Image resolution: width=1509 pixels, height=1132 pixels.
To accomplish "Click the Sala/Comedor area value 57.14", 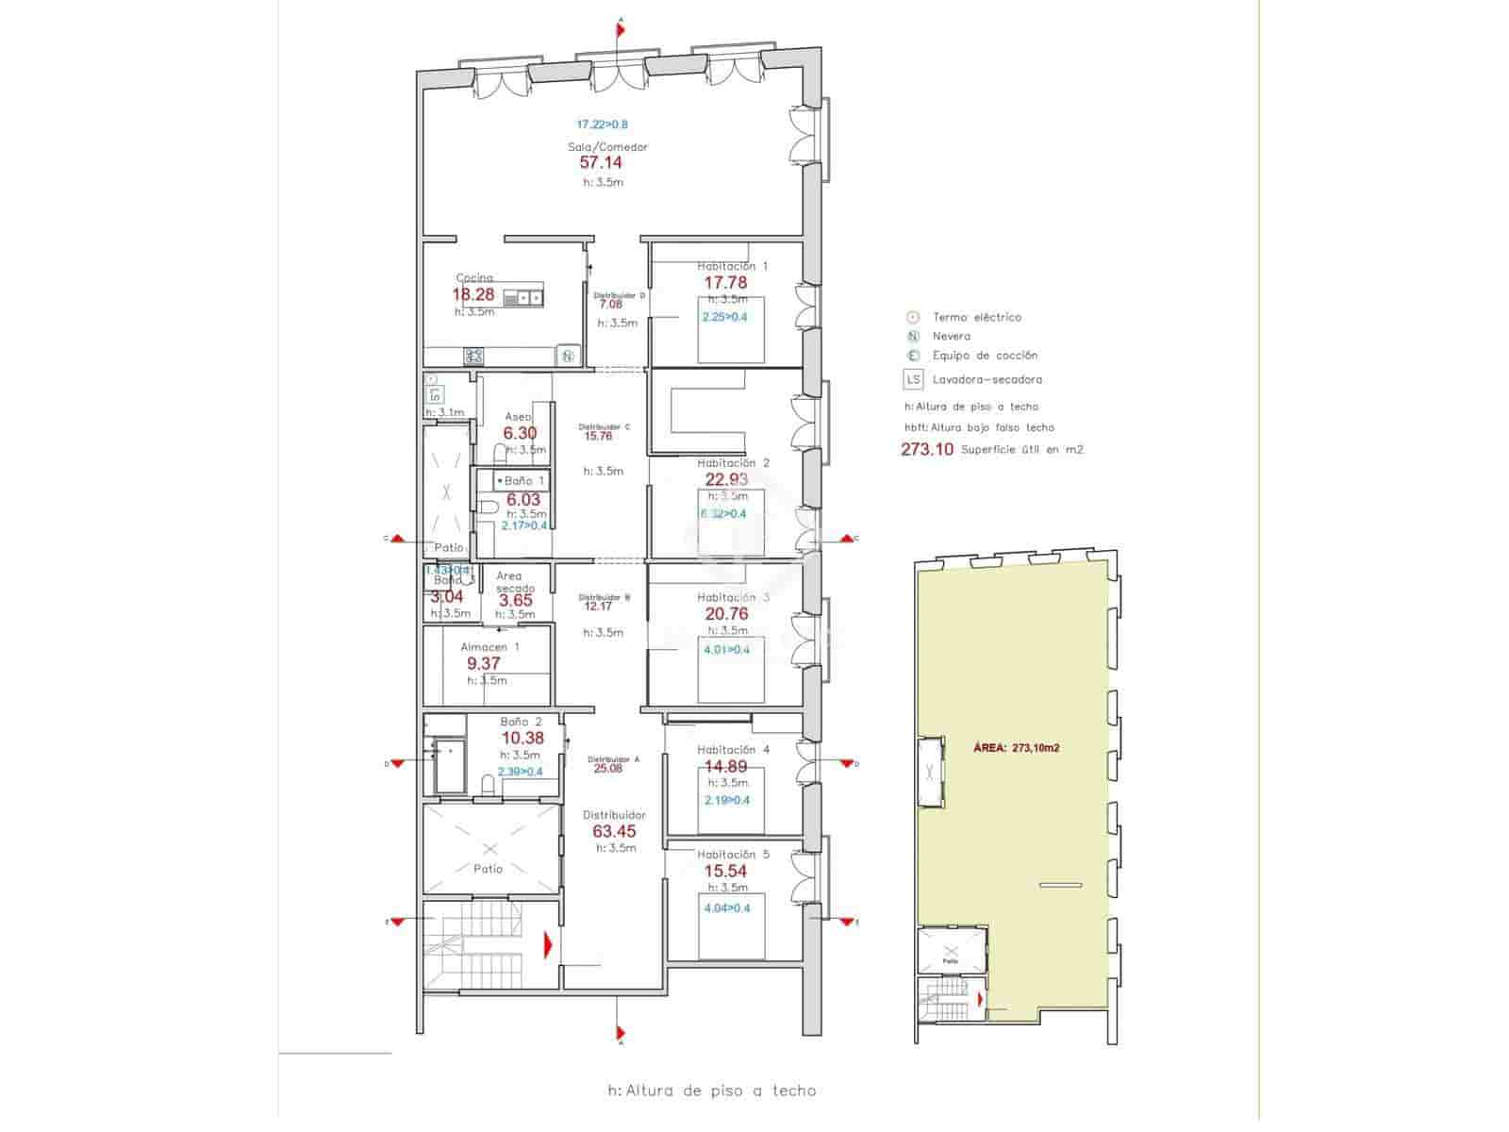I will [600, 163].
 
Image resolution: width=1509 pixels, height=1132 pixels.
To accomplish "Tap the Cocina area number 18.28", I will [473, 294].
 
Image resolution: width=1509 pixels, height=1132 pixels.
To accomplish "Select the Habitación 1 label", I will [732, 266].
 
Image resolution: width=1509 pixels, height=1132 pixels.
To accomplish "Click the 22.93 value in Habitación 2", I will [725, 479].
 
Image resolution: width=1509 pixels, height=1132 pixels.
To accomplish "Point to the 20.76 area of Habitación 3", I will [726, 613].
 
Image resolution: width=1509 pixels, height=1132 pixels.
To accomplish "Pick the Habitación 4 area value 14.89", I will [725, 766].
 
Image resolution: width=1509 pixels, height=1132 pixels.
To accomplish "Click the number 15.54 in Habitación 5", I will [725, 871].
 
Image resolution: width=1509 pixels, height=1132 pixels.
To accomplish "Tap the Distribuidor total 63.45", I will [614, 831].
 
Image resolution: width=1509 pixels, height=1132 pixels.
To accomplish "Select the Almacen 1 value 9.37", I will [484, 663].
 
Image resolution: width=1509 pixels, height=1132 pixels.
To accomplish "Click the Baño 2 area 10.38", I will [522, 739].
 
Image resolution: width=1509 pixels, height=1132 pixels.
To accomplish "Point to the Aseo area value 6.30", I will [520, 433].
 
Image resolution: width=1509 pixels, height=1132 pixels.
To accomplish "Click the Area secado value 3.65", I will [516, 600].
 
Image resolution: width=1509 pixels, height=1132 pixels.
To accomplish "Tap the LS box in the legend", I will [913, 379].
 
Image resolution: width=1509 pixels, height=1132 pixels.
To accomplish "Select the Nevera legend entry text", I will [951, 336].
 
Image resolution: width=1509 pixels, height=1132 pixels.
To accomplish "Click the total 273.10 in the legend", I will [927, 449].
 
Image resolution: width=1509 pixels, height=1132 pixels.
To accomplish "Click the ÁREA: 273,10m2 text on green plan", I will [1016, 747].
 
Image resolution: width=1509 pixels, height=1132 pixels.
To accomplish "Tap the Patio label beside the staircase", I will [488, 869].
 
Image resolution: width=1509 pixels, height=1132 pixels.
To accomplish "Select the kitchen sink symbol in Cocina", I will [523, 298].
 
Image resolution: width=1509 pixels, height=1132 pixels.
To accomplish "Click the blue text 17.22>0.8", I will [602, 124].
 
